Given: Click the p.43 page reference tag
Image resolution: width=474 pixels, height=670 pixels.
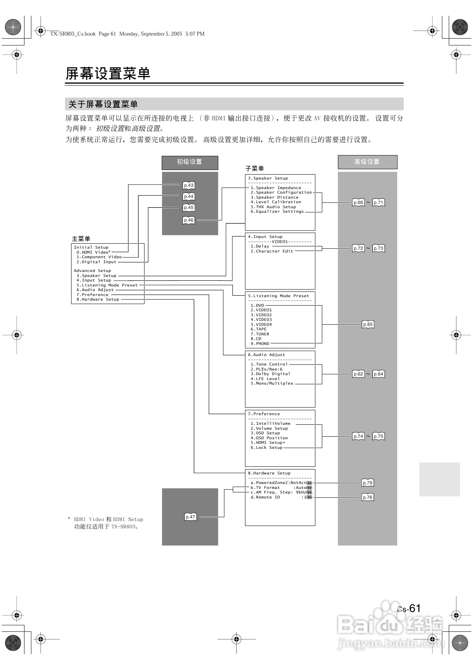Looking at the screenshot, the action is click(189, 185).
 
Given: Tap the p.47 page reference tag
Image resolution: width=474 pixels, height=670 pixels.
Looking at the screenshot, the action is click(190, 517).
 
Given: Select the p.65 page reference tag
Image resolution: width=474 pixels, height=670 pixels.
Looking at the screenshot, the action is click(368, 324).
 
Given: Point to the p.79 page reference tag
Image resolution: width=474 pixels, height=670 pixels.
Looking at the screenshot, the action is click(367, 483).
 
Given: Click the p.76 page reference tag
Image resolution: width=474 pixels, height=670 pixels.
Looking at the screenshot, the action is click(367, 497).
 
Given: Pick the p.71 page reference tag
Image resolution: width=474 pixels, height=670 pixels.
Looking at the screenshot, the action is click(378, 202).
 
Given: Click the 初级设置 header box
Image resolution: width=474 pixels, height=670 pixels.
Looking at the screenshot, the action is click(190, 162).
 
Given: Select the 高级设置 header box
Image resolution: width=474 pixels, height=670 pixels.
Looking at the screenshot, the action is click(367, 162).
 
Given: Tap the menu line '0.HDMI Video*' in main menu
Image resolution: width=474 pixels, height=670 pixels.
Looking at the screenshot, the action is click(94, 252).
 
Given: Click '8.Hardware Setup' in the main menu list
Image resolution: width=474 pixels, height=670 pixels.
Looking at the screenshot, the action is click(98, 299).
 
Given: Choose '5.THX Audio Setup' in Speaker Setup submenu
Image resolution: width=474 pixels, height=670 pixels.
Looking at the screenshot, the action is click(273, 207).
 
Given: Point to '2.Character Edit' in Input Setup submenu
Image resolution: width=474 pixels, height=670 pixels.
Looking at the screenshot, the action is click(272, 251).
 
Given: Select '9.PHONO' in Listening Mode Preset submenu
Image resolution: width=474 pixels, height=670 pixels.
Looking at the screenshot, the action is click(260, 343).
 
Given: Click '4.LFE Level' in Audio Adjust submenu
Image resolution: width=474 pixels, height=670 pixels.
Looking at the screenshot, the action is click(265, 379).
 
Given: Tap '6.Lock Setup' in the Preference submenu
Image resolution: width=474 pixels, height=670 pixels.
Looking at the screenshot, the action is click(266, 447).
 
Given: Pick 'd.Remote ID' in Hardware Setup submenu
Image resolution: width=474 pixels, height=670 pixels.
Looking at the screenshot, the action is click(265, 497).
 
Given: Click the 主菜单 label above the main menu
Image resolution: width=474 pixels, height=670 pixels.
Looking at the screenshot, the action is click(81, 239).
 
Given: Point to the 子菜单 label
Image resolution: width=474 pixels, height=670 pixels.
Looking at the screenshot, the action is click(255, 168).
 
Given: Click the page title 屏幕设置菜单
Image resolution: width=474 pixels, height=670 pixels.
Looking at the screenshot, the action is click(108, 73).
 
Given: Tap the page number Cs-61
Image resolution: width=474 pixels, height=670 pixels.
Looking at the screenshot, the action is click(409, 609).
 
